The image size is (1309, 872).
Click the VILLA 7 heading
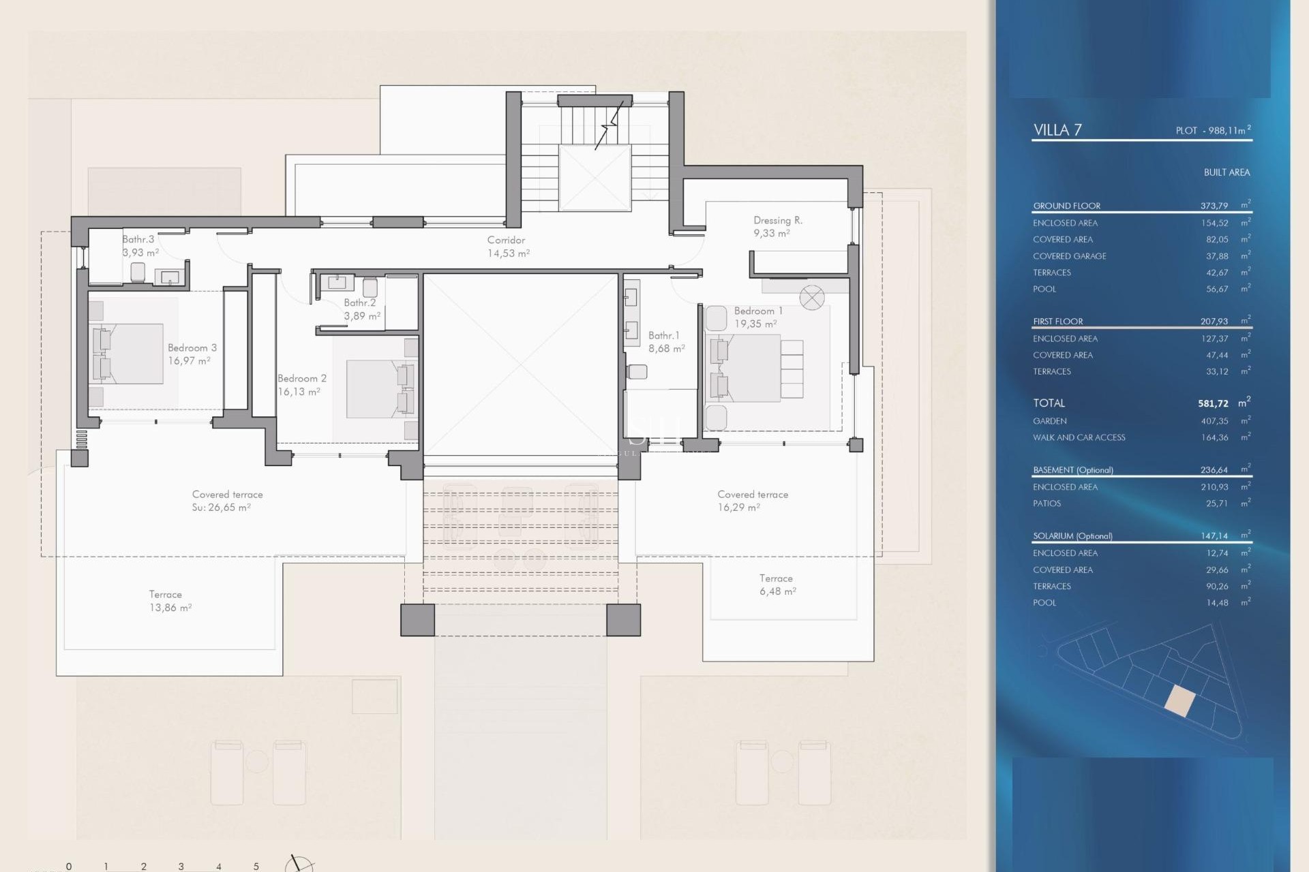1057,130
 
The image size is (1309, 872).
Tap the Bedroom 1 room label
757,311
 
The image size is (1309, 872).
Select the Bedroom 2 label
301,378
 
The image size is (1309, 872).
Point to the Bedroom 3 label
192,347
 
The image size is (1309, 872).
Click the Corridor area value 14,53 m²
508,253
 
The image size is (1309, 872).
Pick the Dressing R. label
777,220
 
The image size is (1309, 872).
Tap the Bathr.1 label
663,335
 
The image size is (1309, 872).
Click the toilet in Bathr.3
138,272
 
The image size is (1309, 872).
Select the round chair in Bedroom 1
811,297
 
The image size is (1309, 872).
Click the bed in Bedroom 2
374,388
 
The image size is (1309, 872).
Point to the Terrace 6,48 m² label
777,585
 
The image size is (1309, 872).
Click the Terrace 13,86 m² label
169,601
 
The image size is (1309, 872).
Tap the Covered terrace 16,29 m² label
752,501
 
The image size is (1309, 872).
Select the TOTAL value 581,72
1213,403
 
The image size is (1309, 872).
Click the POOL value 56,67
1216,289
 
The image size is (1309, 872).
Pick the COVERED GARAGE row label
1069,256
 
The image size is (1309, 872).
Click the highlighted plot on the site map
1179,700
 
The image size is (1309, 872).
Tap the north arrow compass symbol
298,864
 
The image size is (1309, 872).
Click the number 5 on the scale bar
256,867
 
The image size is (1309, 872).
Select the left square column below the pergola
417,620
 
